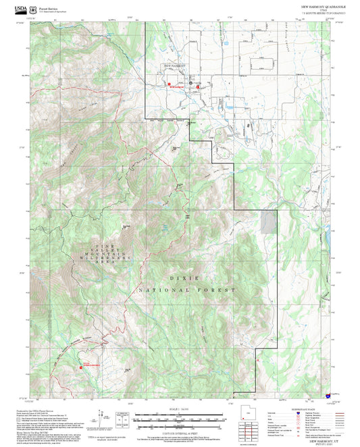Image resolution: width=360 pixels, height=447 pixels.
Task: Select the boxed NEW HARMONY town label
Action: coord(174,65)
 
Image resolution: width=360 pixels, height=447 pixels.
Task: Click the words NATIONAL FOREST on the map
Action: coord(187,290)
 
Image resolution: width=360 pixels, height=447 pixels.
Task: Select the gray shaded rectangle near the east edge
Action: coord(269,221)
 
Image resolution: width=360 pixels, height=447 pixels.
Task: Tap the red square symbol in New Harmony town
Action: coord(169,84)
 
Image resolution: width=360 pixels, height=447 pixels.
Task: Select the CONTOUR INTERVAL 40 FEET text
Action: coord(180,431)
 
